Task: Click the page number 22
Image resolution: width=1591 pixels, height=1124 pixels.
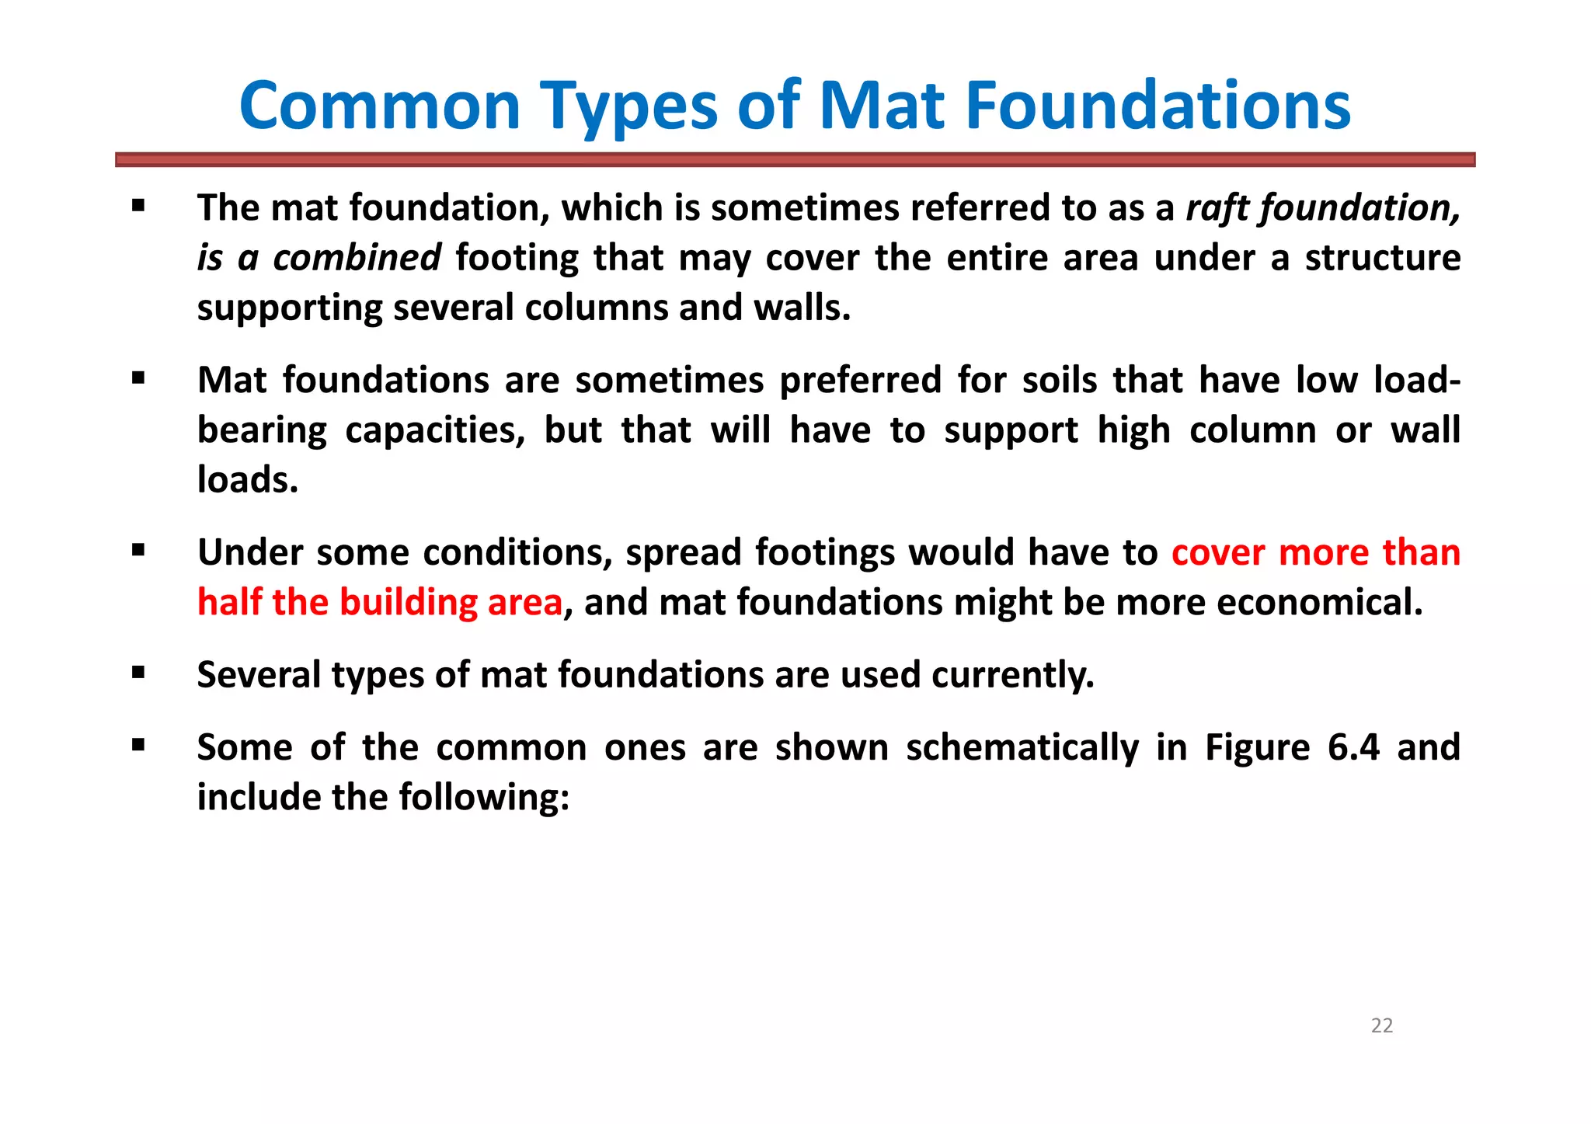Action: tap(1382, 1026)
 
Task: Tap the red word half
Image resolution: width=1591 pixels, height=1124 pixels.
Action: tap(228, 602)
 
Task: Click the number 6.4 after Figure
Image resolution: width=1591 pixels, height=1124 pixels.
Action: tap(1353, 747)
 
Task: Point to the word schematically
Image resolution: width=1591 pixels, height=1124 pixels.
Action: tap(1022, 747)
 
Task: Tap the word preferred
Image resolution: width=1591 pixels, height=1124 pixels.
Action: tap(860, 381)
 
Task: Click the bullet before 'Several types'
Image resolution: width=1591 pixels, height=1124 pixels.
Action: tap(138, 673)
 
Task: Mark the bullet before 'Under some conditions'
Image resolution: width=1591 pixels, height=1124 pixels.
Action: tap(138, 551)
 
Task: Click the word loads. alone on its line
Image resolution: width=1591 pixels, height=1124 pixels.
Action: tap(248, 479)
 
